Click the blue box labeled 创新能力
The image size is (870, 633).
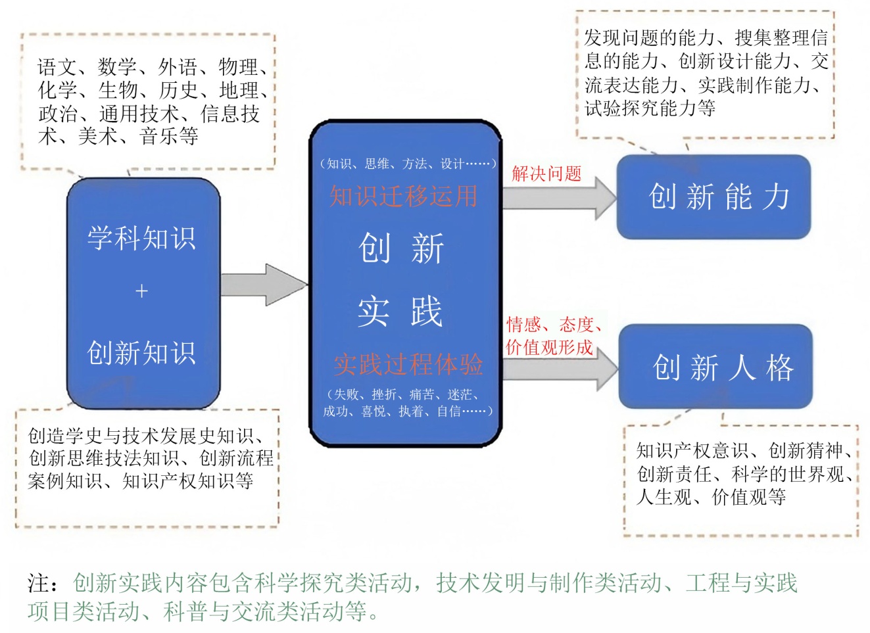pyautogui.click(x=713, y=197)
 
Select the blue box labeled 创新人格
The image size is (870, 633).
pyautogui.click(x=716, y=367)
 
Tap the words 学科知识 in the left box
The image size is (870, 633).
pyautogui.click(x=142, y=238)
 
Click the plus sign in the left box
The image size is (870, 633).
pyautogui.click(x=141, y=291)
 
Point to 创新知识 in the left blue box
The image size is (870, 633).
pyautogui.click(x=142, y=353)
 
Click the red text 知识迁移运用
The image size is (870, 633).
pyautogui.click(x=403, y=196)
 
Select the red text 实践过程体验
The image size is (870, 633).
pyautogui.click(x=408, y=364)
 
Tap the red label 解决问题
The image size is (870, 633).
pyautogui.click(x=546, y=174)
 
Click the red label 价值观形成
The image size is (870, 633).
pyautogui.click(x=549, y=347)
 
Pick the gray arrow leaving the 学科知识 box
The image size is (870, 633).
pyautogui.click(x=263, y=285)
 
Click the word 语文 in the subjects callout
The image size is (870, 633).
pyautogui.click(x=57, y=67)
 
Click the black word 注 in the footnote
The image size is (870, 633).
pyautogui.click(x=38, y=583)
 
